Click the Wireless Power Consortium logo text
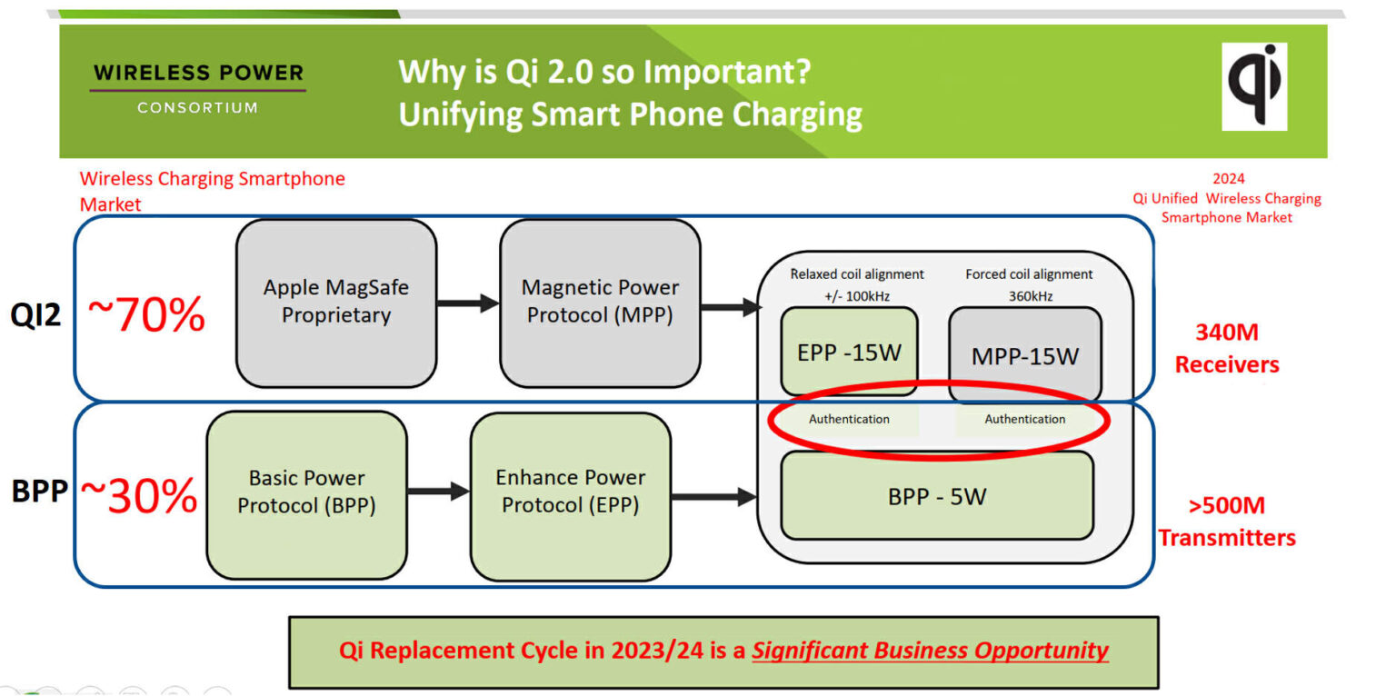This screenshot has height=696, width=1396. pos(198,87)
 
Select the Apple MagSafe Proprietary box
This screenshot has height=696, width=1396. pos(336,303)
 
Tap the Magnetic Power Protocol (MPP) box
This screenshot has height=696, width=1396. pos(600,302)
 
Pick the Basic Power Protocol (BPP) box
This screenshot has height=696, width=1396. pos(306,492)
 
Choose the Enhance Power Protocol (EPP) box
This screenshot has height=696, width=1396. pos(570,492)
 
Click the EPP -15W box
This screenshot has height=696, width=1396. pos(848,352)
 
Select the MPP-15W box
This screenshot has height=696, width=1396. pos(1024,355)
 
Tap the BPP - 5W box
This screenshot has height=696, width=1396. pos(936,496)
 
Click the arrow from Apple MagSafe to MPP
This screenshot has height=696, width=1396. pos(468,303)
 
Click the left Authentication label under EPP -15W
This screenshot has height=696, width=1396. pos(849,419)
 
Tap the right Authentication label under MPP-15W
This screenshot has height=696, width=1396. pos(1024,419)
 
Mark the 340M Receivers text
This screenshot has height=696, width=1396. pos(1226,349)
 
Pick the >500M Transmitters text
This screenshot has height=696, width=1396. pos(1226,522)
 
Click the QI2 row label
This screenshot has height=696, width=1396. pos(35,316)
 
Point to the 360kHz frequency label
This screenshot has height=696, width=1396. pos(1029,295)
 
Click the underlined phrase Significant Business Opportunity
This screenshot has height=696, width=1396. pos(930,651)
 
